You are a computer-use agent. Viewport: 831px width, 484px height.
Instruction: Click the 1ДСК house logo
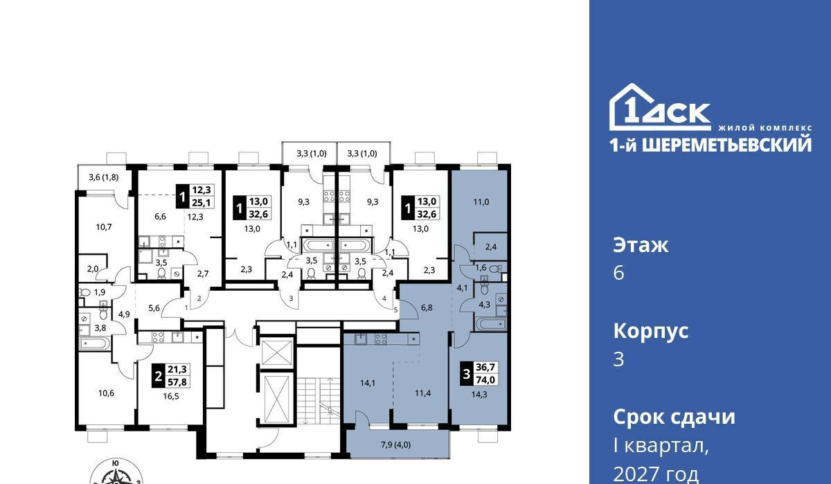pos(659,107)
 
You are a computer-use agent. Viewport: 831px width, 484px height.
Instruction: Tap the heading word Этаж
pos(641,245)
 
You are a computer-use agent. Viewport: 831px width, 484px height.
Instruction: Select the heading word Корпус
pos(651,332)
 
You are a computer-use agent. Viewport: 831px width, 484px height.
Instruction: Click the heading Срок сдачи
pos(674,417)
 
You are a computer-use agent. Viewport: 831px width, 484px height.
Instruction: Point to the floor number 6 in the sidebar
pos(619,274)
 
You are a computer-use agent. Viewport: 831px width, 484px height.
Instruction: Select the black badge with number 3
pos(466,373)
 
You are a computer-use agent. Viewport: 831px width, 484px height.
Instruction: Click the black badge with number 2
pos(159,376)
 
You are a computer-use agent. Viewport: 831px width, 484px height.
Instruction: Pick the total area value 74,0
pos(485,379)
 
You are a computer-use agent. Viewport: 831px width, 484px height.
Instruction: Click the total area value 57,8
pos(177,382)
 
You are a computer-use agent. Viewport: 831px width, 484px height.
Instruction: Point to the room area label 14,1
pos(367,383)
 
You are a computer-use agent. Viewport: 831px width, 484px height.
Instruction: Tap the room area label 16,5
pos(171,396)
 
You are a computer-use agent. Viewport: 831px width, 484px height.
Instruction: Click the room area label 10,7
pos(104,227)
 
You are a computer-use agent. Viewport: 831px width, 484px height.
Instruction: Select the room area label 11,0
pos(481,202)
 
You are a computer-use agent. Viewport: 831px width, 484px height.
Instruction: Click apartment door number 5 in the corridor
pos(396,310)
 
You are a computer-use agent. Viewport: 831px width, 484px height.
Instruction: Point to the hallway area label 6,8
pos(427,307)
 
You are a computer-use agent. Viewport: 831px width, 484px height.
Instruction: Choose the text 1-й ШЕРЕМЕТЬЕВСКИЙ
pos(711,145)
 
